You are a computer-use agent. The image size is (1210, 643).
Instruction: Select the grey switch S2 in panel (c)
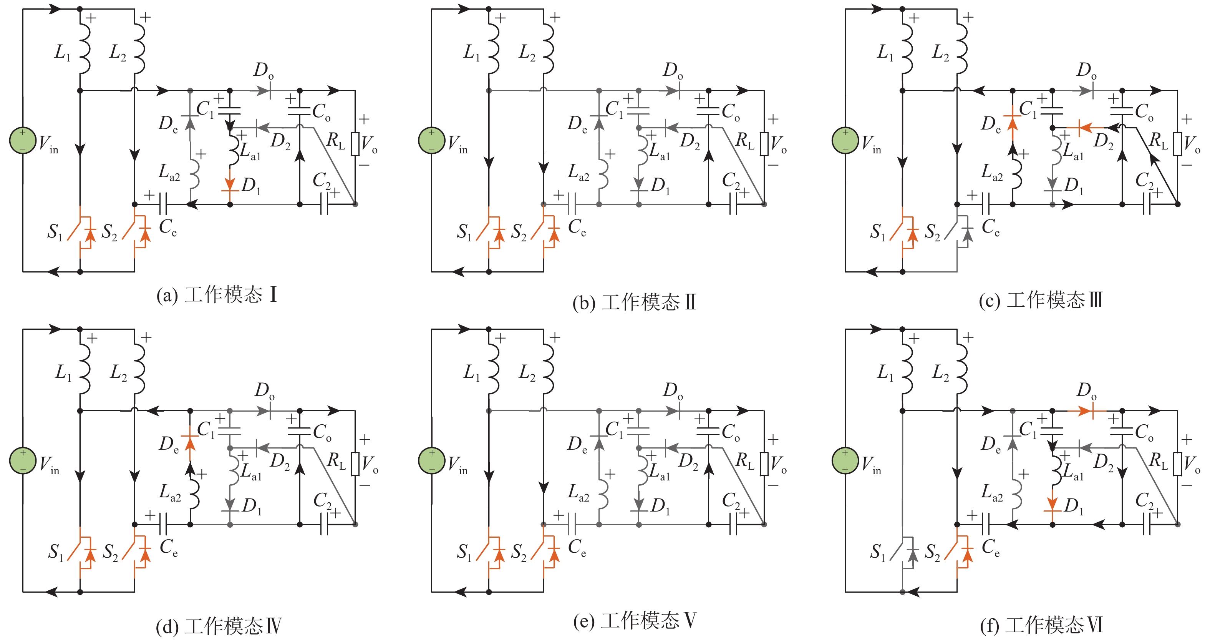958,232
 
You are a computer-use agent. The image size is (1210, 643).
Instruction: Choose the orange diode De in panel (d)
190,440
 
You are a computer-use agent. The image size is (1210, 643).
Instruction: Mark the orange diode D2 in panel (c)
1083,127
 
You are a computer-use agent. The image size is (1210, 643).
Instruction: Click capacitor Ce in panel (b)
572,205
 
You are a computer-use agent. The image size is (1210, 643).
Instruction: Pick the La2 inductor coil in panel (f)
1016,493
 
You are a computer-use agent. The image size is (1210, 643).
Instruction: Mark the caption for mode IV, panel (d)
219,626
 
